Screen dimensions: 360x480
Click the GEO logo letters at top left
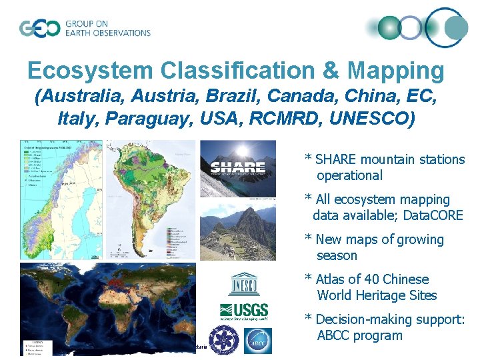39,29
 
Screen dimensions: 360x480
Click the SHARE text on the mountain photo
237,167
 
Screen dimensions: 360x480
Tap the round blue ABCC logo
257,341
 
